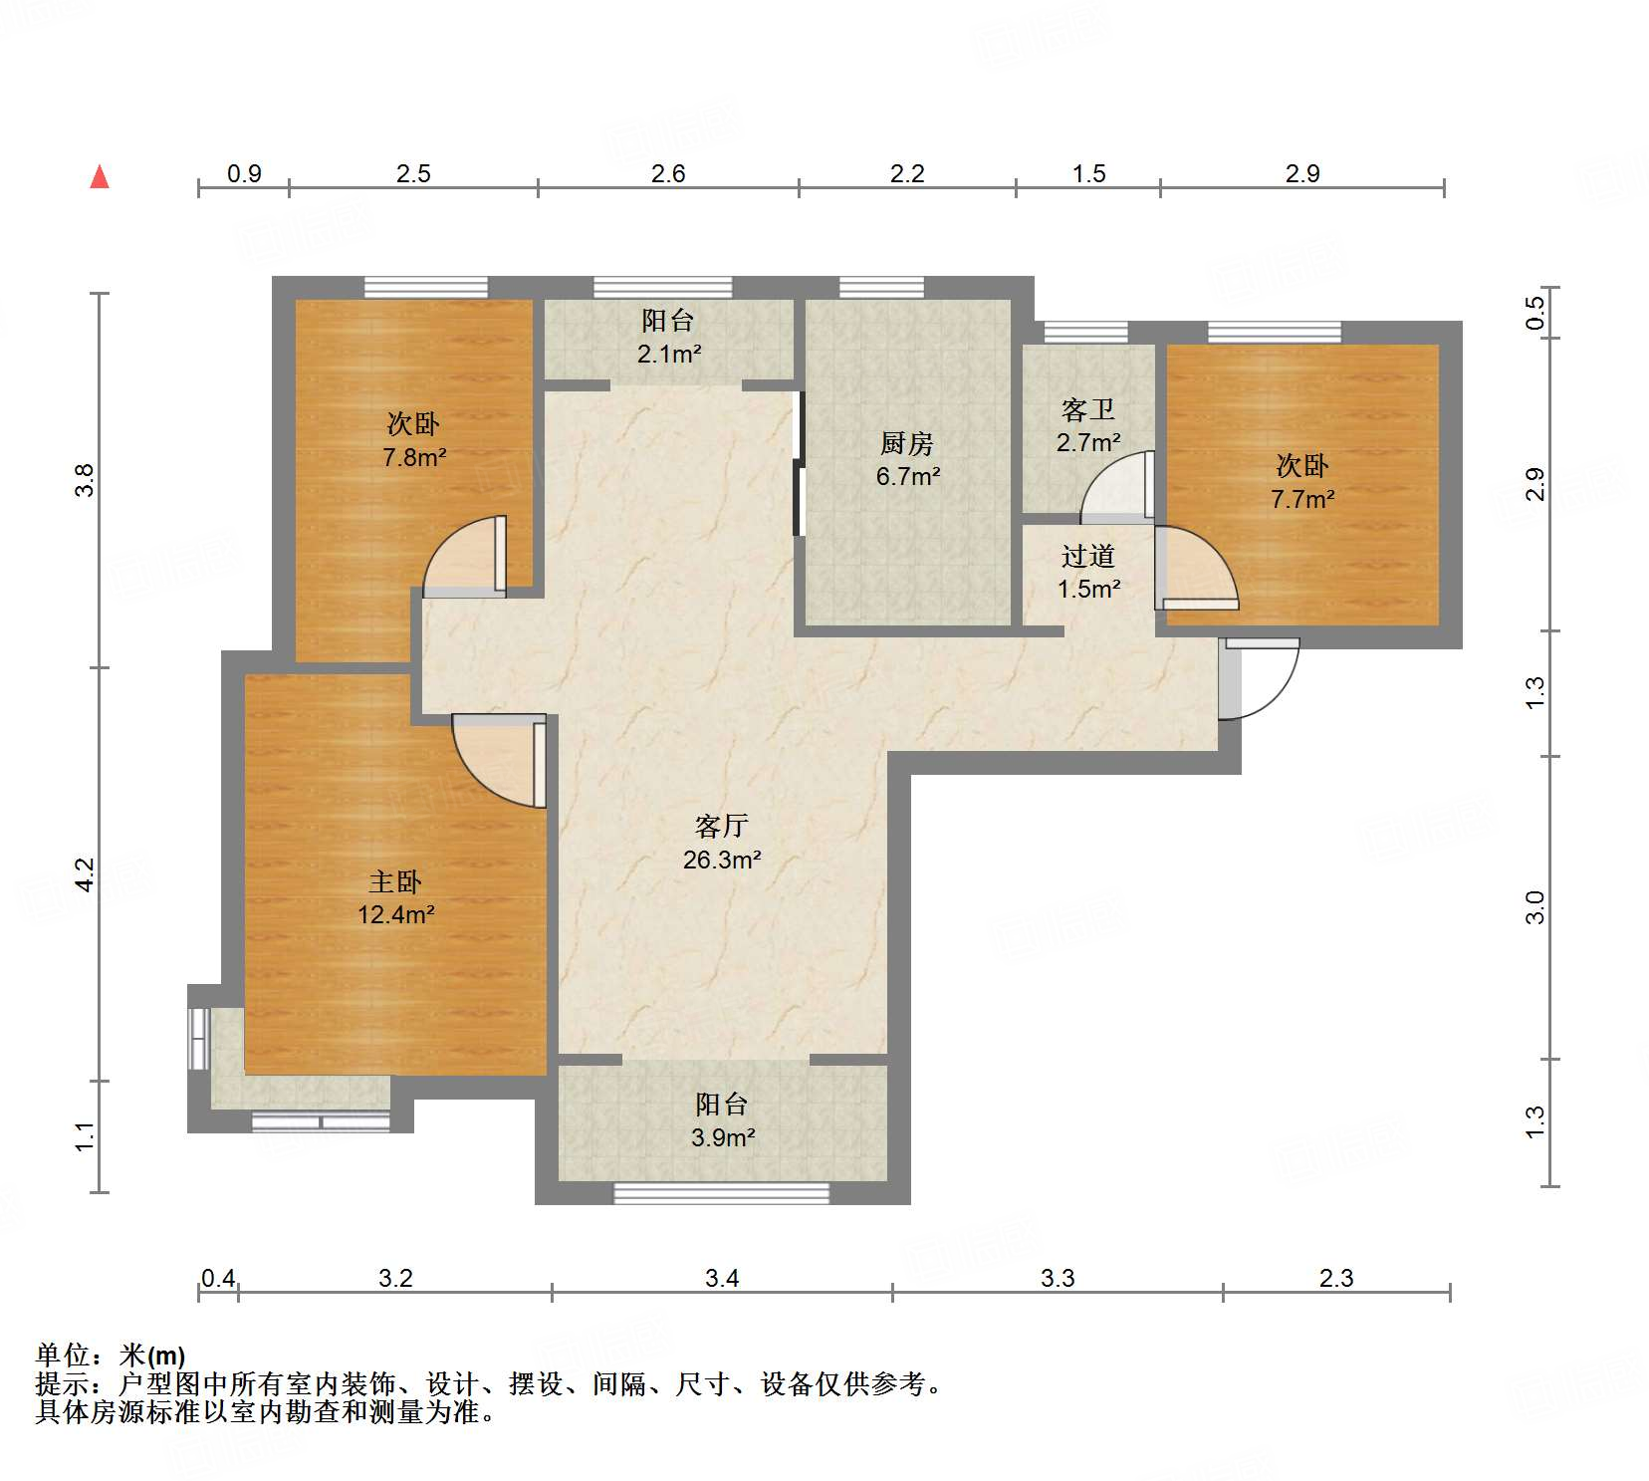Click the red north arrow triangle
[x=100, y=177]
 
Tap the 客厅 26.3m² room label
[x=722, y=843]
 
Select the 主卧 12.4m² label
[x=395, y=897]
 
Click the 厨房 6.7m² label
[x=907, y=459]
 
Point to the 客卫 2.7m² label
[x=1087, y=425]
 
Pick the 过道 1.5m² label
[x=1088, y=572]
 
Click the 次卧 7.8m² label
[x=413, y=440]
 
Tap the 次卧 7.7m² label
[x=1301, y=482]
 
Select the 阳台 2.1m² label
[x=668, y=337]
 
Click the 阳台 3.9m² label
[x=722, y=1120]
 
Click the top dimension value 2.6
[x=668, y=173]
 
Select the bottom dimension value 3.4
[x=722, y=1278]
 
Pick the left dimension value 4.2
[x=85, y=874]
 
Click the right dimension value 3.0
[x=1534, y=907]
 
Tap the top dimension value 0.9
[x=244, y=173]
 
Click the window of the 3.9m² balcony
[x=721, y=1192]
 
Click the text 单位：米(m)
[x=111, y=1355]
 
